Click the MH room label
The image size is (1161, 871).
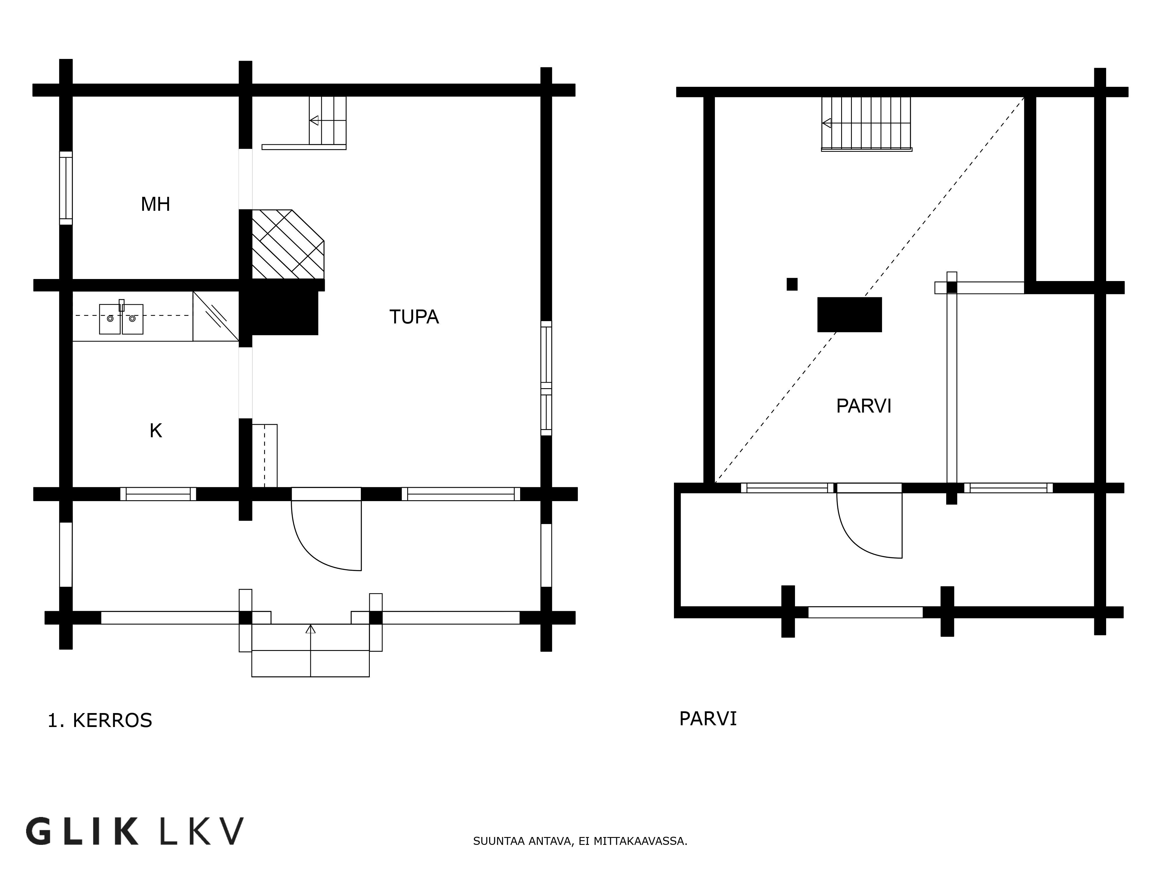point(155,204)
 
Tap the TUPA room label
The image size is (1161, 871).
point(414,317)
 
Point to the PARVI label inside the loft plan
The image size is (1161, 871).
point(863,406)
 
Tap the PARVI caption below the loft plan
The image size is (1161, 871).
point(708,719)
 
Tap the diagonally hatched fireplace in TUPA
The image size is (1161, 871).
point(288,244)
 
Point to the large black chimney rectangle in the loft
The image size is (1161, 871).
point(849,314)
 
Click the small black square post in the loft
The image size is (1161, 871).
point(792,284)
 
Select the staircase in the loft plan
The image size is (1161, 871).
point(867,124)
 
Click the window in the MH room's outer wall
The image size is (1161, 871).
point(66,188)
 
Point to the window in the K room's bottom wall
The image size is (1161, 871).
point(158,494)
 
